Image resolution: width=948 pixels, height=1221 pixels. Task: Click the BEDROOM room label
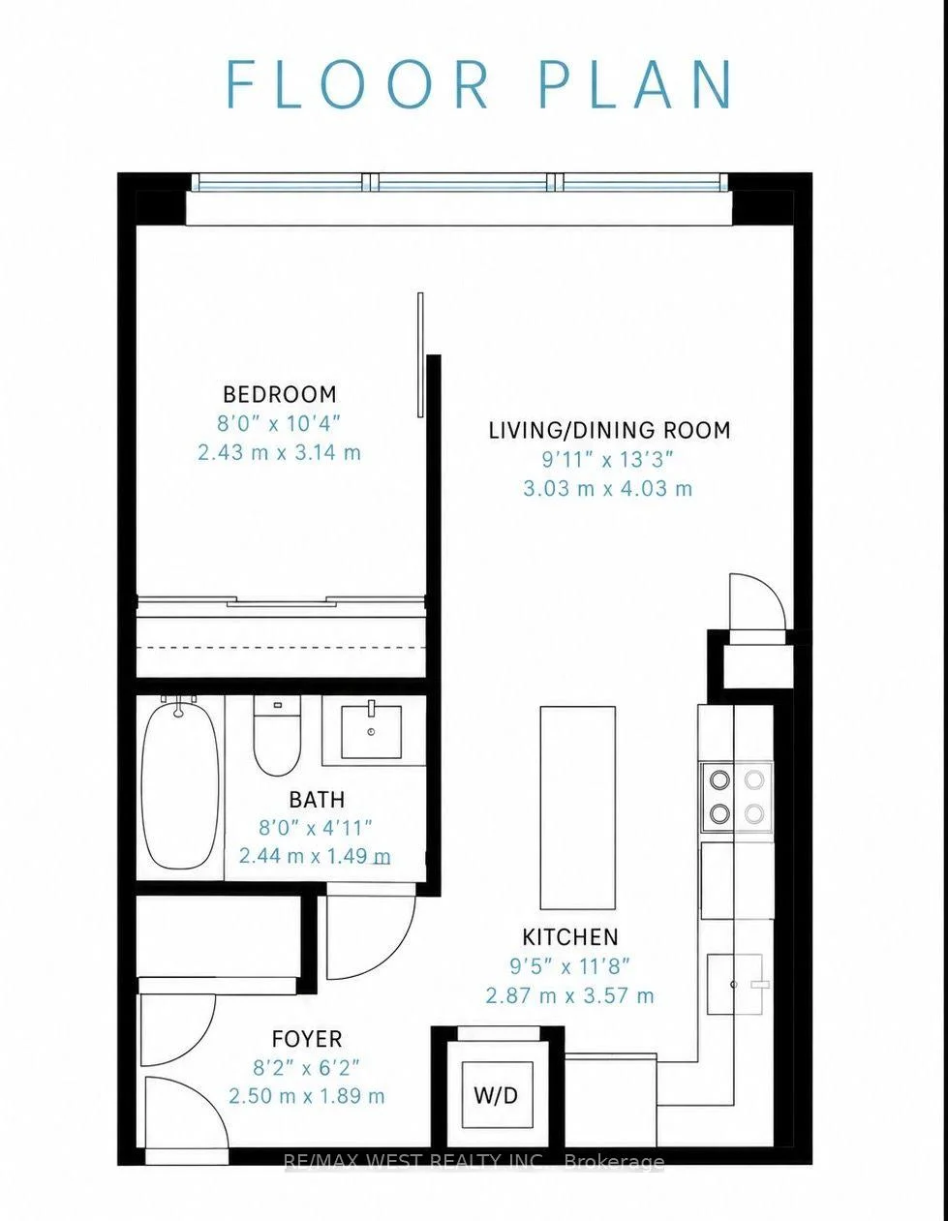(280, 394)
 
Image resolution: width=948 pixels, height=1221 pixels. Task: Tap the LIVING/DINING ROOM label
(610, 431)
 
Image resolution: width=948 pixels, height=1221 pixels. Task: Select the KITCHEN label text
(570, 937)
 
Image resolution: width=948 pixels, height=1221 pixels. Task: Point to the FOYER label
(307, 1039)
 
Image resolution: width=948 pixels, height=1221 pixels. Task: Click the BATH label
(317, 800)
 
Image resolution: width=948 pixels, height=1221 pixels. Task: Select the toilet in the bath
(277, 736)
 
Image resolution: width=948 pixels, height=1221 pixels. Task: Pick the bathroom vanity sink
(372, 732)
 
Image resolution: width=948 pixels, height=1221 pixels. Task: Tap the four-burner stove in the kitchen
(736, 797)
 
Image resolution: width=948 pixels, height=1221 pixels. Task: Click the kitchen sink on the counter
(736, 984)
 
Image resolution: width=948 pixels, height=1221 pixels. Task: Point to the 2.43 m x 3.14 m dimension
(279, 452)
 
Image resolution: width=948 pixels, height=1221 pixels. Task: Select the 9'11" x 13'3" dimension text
(607, 460)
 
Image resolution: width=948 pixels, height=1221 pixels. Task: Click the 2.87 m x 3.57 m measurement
(569, 996)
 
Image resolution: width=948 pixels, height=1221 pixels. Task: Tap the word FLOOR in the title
(358, 84)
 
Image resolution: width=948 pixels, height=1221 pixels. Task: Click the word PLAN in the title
(635, 84)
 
